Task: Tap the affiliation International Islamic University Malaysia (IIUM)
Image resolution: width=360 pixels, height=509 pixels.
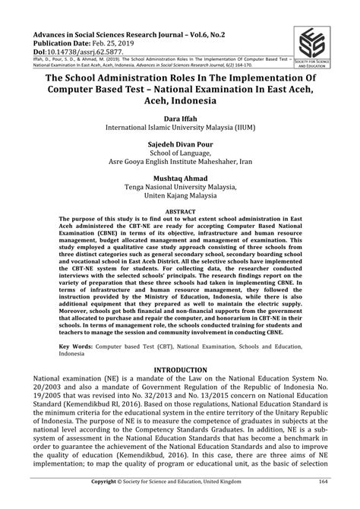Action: coord(180,130)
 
